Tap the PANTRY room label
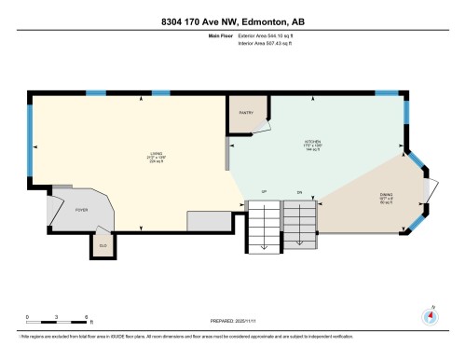click(246, 112)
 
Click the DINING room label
click(360, 195)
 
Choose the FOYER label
click(80, 211)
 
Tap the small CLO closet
click(103, 245)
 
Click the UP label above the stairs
click(265, 191)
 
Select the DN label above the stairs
click(300, 191)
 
